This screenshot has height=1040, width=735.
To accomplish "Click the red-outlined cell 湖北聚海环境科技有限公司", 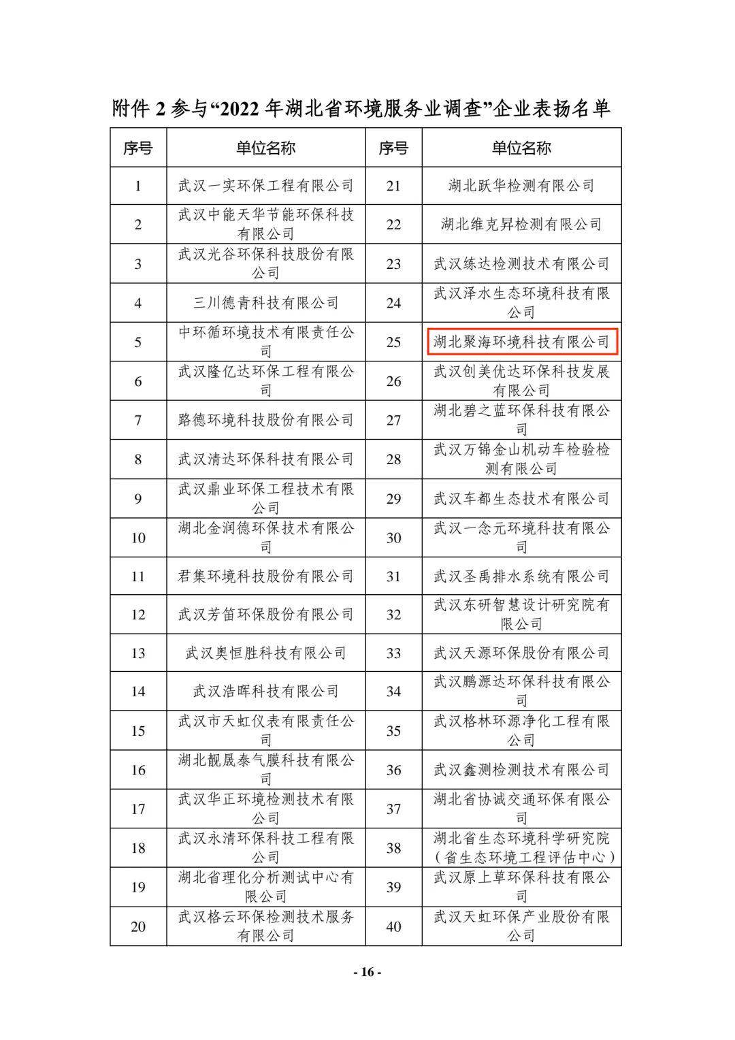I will coord(521,342).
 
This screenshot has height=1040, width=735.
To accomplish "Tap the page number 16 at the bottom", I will coord(367,972).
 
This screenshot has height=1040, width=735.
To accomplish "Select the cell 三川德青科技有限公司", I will coord(265,303).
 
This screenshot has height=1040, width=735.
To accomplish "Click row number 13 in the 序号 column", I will coord(138,653).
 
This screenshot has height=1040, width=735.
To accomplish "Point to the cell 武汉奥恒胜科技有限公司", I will coord(265,653).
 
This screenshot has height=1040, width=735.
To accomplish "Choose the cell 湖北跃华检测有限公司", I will coord(521,185).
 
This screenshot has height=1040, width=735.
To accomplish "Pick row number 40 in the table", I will coord(393,926).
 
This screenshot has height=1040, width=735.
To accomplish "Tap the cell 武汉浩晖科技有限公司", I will coord(265,692).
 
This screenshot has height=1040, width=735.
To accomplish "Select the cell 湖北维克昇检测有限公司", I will coord(521,224).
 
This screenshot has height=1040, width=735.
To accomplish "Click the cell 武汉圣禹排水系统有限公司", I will coord(521,576).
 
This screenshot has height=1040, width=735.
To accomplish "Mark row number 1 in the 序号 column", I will coord(138,185).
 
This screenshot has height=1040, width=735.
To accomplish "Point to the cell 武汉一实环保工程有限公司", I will coord(265,185).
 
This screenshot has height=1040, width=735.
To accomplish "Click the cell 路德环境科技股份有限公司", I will coord(265,420).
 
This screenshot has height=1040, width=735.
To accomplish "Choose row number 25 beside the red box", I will coord(393,342).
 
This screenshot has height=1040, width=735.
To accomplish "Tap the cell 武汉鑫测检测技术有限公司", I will coord(521,770).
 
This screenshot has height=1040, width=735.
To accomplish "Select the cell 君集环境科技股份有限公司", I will coord(265,576).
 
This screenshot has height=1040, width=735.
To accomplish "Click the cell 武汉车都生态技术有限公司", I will coord(521,499).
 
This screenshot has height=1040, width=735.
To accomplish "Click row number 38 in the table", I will coord(393,848).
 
